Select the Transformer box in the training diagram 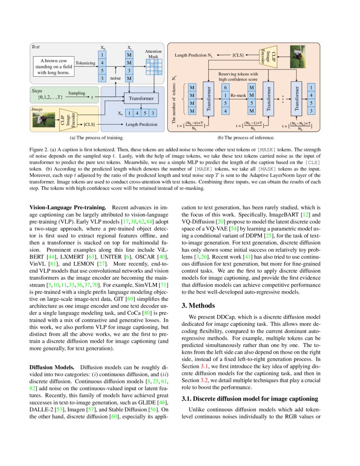pyautogui.click(x=141, y=98)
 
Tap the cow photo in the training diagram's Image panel pyautogui.click(x=44, y=120)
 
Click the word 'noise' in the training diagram pyautogui.click(x=116, y=78)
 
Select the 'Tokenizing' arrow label pyautogui.click(x=86, y=63)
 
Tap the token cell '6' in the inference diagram pyautogui.click(x=225, y=87)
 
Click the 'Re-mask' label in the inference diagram pyautogui.click(x=238, y=95)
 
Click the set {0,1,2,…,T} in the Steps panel pyautogui.click(x=50, y=97)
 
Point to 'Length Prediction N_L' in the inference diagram pyautogui.click(x=194, y=55)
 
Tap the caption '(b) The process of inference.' pyautogui.click(x=246, y=138)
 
